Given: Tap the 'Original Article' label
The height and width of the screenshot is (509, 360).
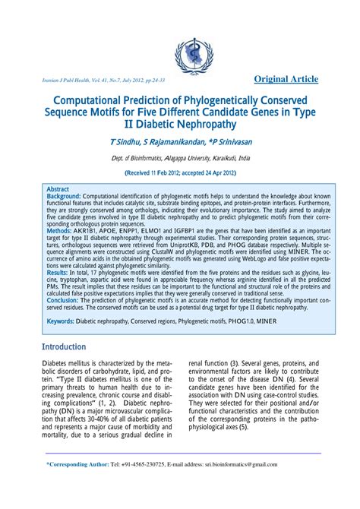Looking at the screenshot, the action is [x=286, y=79].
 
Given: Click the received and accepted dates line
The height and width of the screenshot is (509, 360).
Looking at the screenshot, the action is [x=180, y=172].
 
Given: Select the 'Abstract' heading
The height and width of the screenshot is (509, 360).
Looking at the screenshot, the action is [x=58, y=188].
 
